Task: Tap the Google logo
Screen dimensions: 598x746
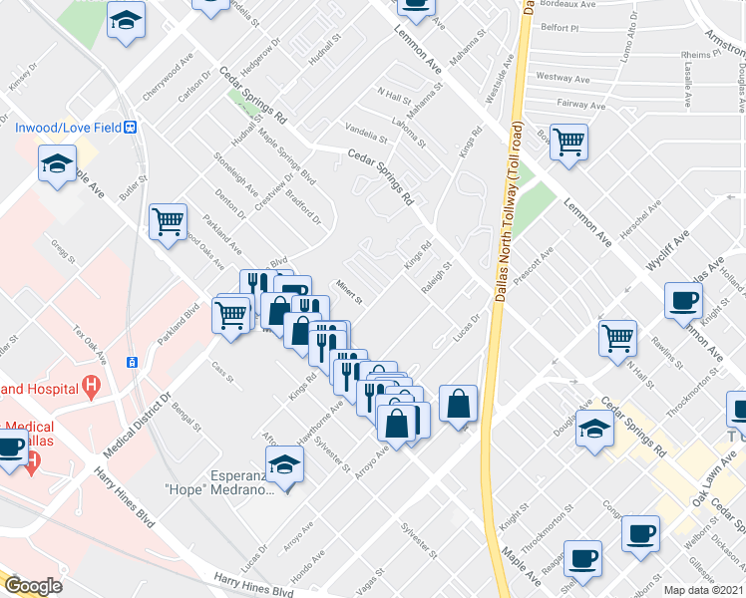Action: pyautogui.click(x=33, y=586)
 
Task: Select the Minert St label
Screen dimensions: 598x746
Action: pyautogui.click(x=347, y=292)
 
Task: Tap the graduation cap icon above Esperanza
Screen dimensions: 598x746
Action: pyautogui.click(x=284, y=464)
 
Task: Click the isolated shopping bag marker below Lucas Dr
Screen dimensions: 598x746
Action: pyautogui.click(x=458, y=404)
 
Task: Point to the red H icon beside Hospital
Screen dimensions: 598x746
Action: pyautogui.click(x=92, y=384)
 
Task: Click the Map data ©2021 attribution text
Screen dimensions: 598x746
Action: pyautogui.click(x=704, y=590)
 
